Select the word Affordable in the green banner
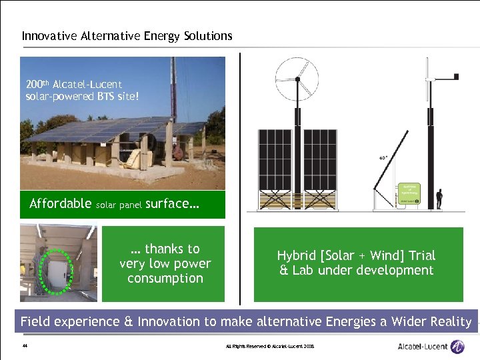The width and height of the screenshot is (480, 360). coord(60,204)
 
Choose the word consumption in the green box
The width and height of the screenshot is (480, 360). coord(165,279)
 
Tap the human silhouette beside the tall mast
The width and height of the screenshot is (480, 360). coord(439,199)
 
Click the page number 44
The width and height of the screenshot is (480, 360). coord(25,346)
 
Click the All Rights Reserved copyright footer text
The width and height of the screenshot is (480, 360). coord(270,347)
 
